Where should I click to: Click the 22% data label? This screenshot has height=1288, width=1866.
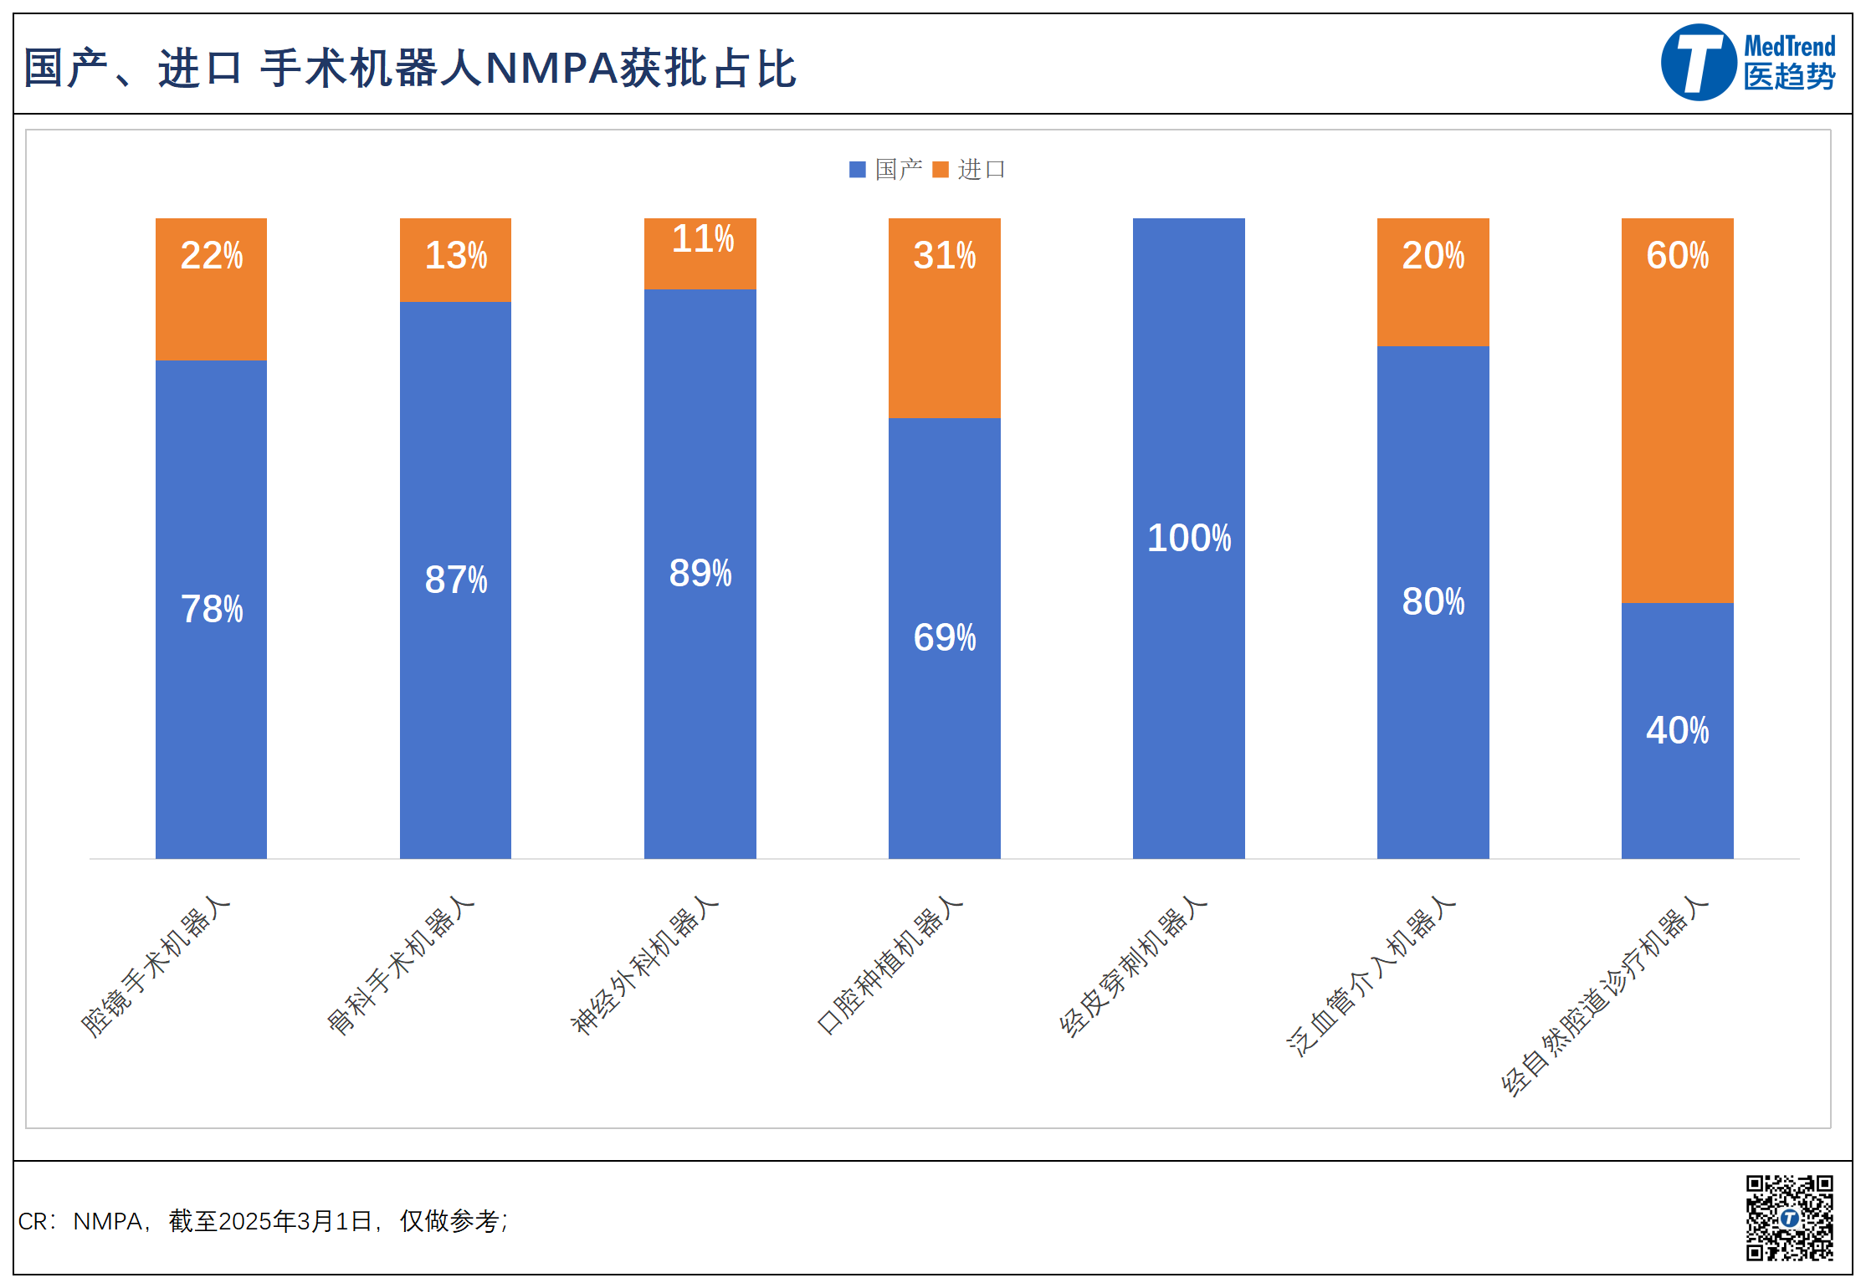(x=212, y=256)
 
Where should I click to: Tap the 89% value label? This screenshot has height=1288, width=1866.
(x=700, y=574)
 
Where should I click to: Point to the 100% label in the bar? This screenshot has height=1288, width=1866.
(x=1188, y=539)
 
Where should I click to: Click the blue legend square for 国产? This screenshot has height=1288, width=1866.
(x=857, y=170)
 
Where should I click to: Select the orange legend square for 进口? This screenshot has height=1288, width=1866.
(x=941, y=170)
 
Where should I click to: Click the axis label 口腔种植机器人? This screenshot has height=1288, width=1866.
(x=890, y=965)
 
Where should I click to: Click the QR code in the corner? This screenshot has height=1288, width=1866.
(x=1789, y=1217)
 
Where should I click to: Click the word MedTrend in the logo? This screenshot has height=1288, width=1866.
(x=1789, y=46)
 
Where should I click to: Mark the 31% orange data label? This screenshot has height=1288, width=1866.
(x=945, y=256)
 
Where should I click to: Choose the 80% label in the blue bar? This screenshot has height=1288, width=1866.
(x=1433, y=602)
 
